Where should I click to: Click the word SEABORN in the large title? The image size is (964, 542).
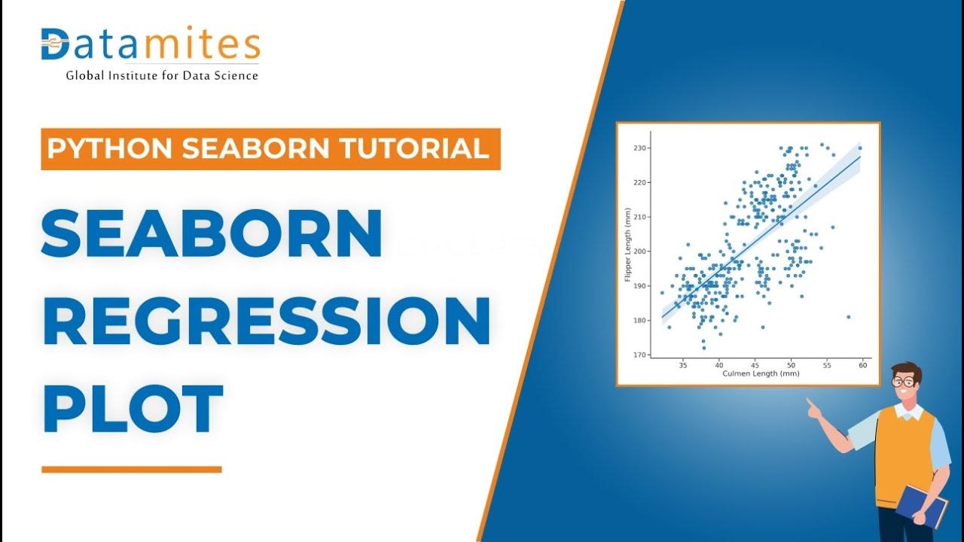coord(212,233)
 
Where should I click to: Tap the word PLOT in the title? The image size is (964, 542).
coord(133,409)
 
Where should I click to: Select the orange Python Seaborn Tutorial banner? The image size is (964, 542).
coord(270,148)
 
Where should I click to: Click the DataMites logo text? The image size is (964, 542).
coord(151,45)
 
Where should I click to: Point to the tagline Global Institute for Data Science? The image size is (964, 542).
coord(162,75)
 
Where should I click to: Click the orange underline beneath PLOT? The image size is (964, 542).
coord(132,470)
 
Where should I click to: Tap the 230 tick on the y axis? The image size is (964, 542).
coord(639,148)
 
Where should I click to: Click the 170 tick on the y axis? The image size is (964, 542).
coord(639,355)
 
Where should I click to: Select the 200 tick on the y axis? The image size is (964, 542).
coord(639,251)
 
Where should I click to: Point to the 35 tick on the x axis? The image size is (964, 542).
coord(683,365)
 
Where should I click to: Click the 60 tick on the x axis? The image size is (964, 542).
coord(862,365)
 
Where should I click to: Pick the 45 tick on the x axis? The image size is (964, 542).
coord(755,365)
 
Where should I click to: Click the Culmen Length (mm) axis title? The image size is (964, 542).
coord(761,373)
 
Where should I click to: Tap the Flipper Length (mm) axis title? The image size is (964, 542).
coord(627,245)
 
